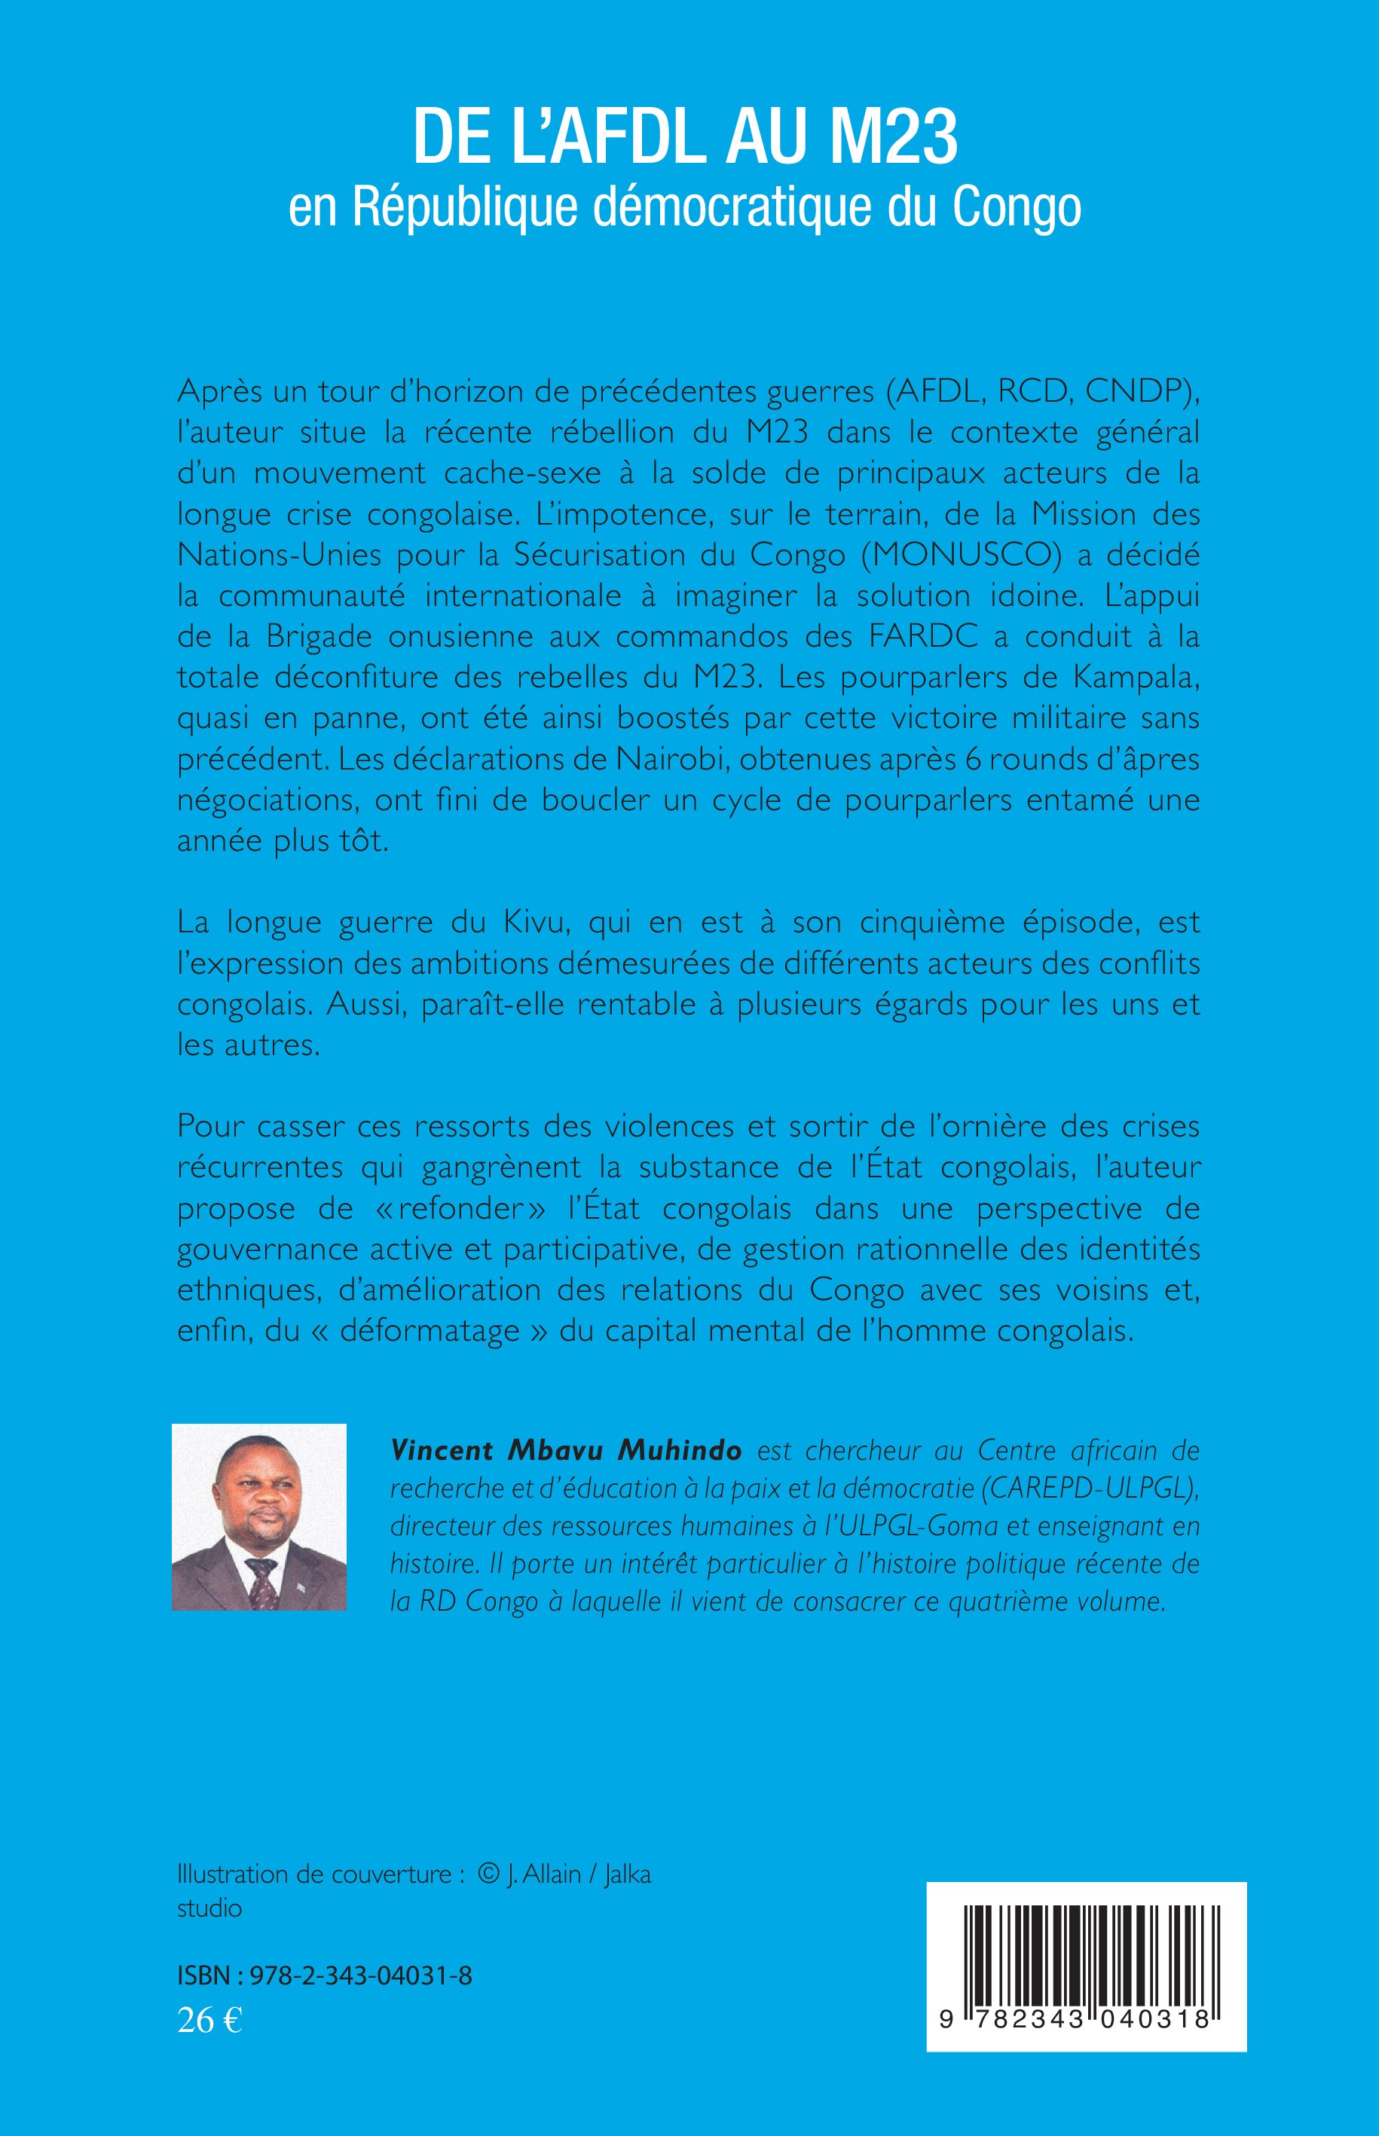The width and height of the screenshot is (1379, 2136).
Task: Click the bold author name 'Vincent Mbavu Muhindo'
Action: pyautogui.click(x=566, y=1450)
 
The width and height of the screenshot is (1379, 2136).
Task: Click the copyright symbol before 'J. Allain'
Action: pyautogui.click(x=488, y=1874)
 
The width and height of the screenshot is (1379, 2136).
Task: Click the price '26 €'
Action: pyautogui.click(x=210, y=2020)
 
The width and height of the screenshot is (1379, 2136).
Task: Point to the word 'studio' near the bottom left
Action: pyautogui.click(x=209, y=1908)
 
